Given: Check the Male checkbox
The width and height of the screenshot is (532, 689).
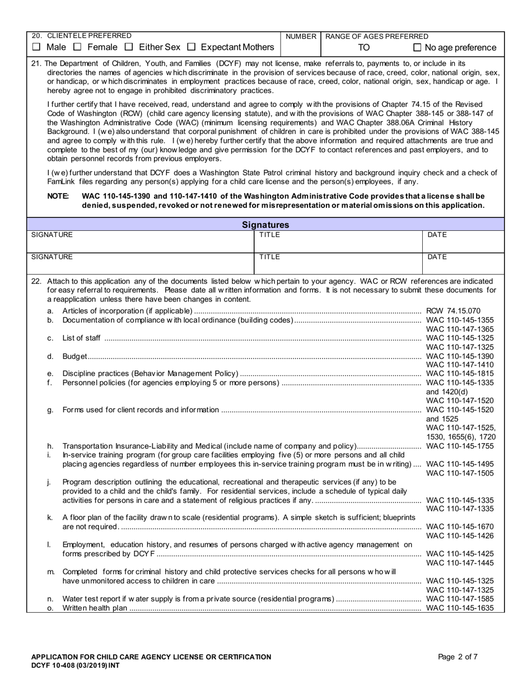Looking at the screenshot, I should click(36, 48).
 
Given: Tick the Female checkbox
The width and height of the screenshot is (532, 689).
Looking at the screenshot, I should click(78, 48).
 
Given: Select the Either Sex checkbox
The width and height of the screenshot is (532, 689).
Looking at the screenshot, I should click(129, 48).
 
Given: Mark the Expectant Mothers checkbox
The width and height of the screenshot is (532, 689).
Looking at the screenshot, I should click(192, 48).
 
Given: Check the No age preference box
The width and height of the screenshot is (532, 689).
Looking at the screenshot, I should click(417, 48).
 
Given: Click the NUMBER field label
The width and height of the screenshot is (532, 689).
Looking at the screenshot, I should click(301, 36).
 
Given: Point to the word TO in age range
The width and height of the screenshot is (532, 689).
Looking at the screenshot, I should click(364, 48).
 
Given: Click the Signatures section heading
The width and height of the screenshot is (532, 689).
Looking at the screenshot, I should click(265, 225).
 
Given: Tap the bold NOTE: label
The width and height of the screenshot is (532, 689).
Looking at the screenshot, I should click(58, 196).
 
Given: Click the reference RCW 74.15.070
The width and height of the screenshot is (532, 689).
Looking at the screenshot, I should click(453, 311).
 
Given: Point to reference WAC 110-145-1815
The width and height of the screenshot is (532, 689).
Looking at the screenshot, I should click(460, 374).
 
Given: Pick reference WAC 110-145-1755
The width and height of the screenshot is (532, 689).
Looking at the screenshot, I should click(460, 446).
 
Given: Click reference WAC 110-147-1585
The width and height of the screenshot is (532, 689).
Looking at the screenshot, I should click(460, 599).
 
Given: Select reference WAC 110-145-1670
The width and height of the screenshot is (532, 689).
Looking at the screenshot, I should click(460, 527).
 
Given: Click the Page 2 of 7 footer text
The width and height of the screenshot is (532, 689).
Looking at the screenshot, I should click(458, 657).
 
